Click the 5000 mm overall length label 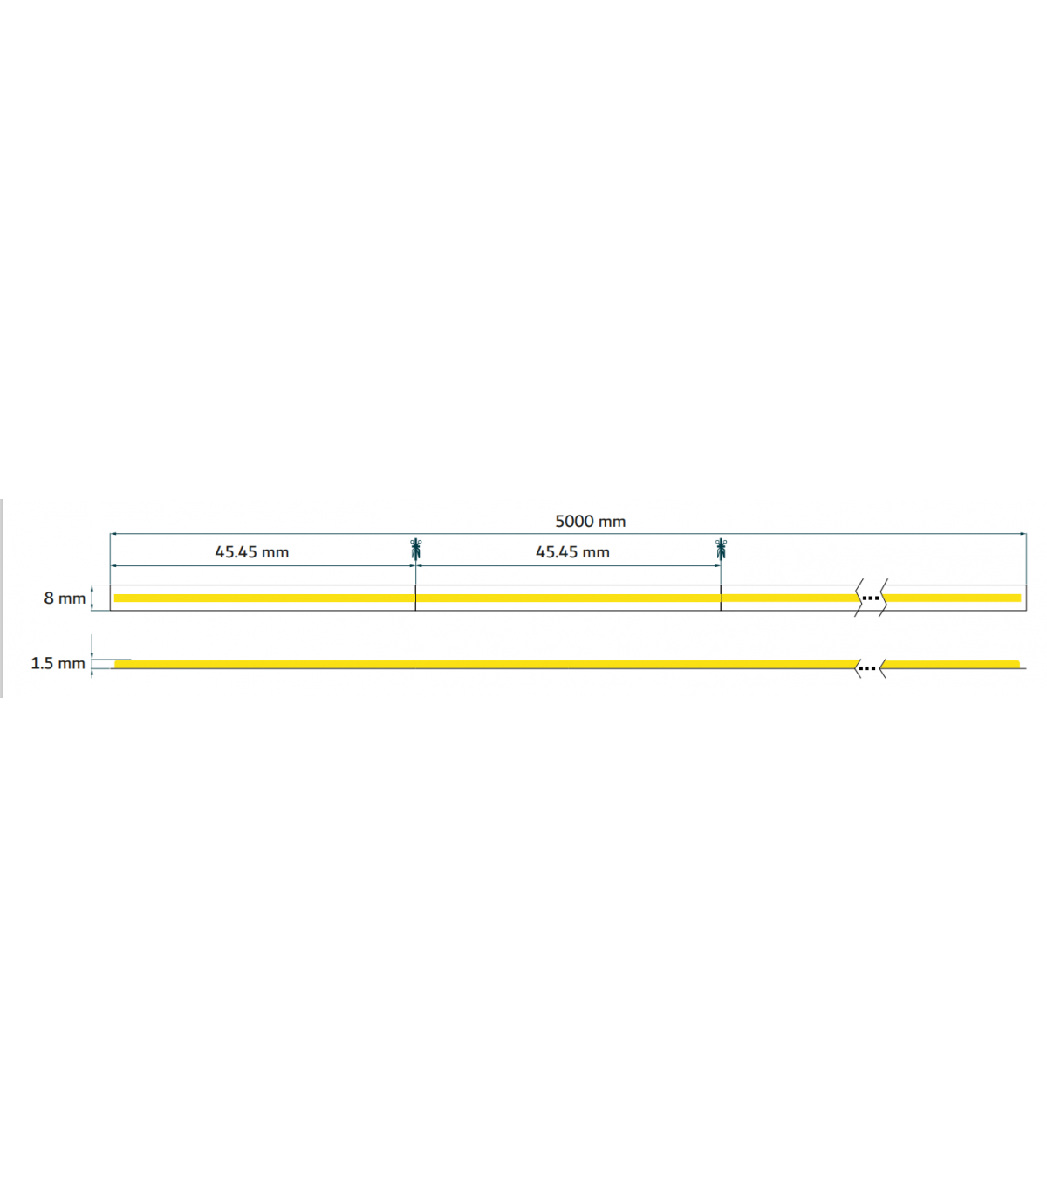click(590, 521)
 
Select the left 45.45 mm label click(251, 552)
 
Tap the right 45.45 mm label click(572, 552)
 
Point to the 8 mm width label click(65, 598)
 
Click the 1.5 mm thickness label click(58, 663)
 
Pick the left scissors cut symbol click(415, 550)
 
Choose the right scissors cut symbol click(721, 550)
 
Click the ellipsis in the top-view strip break click(871, 598)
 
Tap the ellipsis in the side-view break click(867, 668)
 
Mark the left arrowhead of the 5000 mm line click(113, 534)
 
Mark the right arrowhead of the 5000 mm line click(1023, 534)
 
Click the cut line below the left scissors click(415, 598)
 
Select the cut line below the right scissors click(721, 598)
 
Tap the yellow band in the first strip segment click(264, 598)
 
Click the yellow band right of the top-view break click(952, 598)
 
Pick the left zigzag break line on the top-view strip click(859, 598)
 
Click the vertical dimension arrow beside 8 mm click(92, 598)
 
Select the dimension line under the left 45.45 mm click(263, 565)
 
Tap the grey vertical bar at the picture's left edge click(1, 598)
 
